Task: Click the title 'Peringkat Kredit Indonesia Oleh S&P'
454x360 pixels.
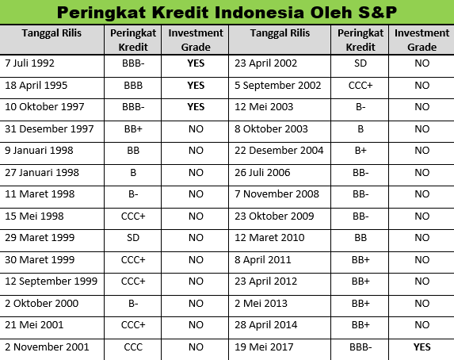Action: [x=227, y=13]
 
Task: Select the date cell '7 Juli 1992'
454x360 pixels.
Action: [x=29, y=63]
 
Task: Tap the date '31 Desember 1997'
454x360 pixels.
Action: [x=49, y=128]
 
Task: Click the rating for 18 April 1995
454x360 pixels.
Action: [x=133, y=85]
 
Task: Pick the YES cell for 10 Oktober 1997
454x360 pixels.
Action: [x=196, y=107]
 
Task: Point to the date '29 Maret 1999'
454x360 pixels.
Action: [x=40, y=237]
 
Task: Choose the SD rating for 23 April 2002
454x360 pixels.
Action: [x=361, y=63]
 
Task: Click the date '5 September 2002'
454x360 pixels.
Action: [x=277, y=85]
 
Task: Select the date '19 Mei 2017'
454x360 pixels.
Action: [x=264, y=347]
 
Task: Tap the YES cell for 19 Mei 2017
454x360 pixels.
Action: [x=422, y=347]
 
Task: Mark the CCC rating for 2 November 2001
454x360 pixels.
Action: [x=133, y=347]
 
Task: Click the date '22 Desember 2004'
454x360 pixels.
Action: [x=279, y=150]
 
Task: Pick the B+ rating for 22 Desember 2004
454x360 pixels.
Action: [x=361, y=150]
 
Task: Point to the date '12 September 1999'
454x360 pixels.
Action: [x=52, y=281]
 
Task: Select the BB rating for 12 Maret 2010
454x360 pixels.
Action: [x=361, y=237]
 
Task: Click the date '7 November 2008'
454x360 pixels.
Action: [x=277, y=194]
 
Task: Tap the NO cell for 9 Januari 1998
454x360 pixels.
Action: [x=196, y=150]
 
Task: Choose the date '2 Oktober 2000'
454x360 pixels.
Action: [x=42, y=303]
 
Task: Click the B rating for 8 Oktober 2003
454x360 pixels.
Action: [x=361, y=128]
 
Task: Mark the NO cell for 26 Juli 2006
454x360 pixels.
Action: [x=422, y=172]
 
